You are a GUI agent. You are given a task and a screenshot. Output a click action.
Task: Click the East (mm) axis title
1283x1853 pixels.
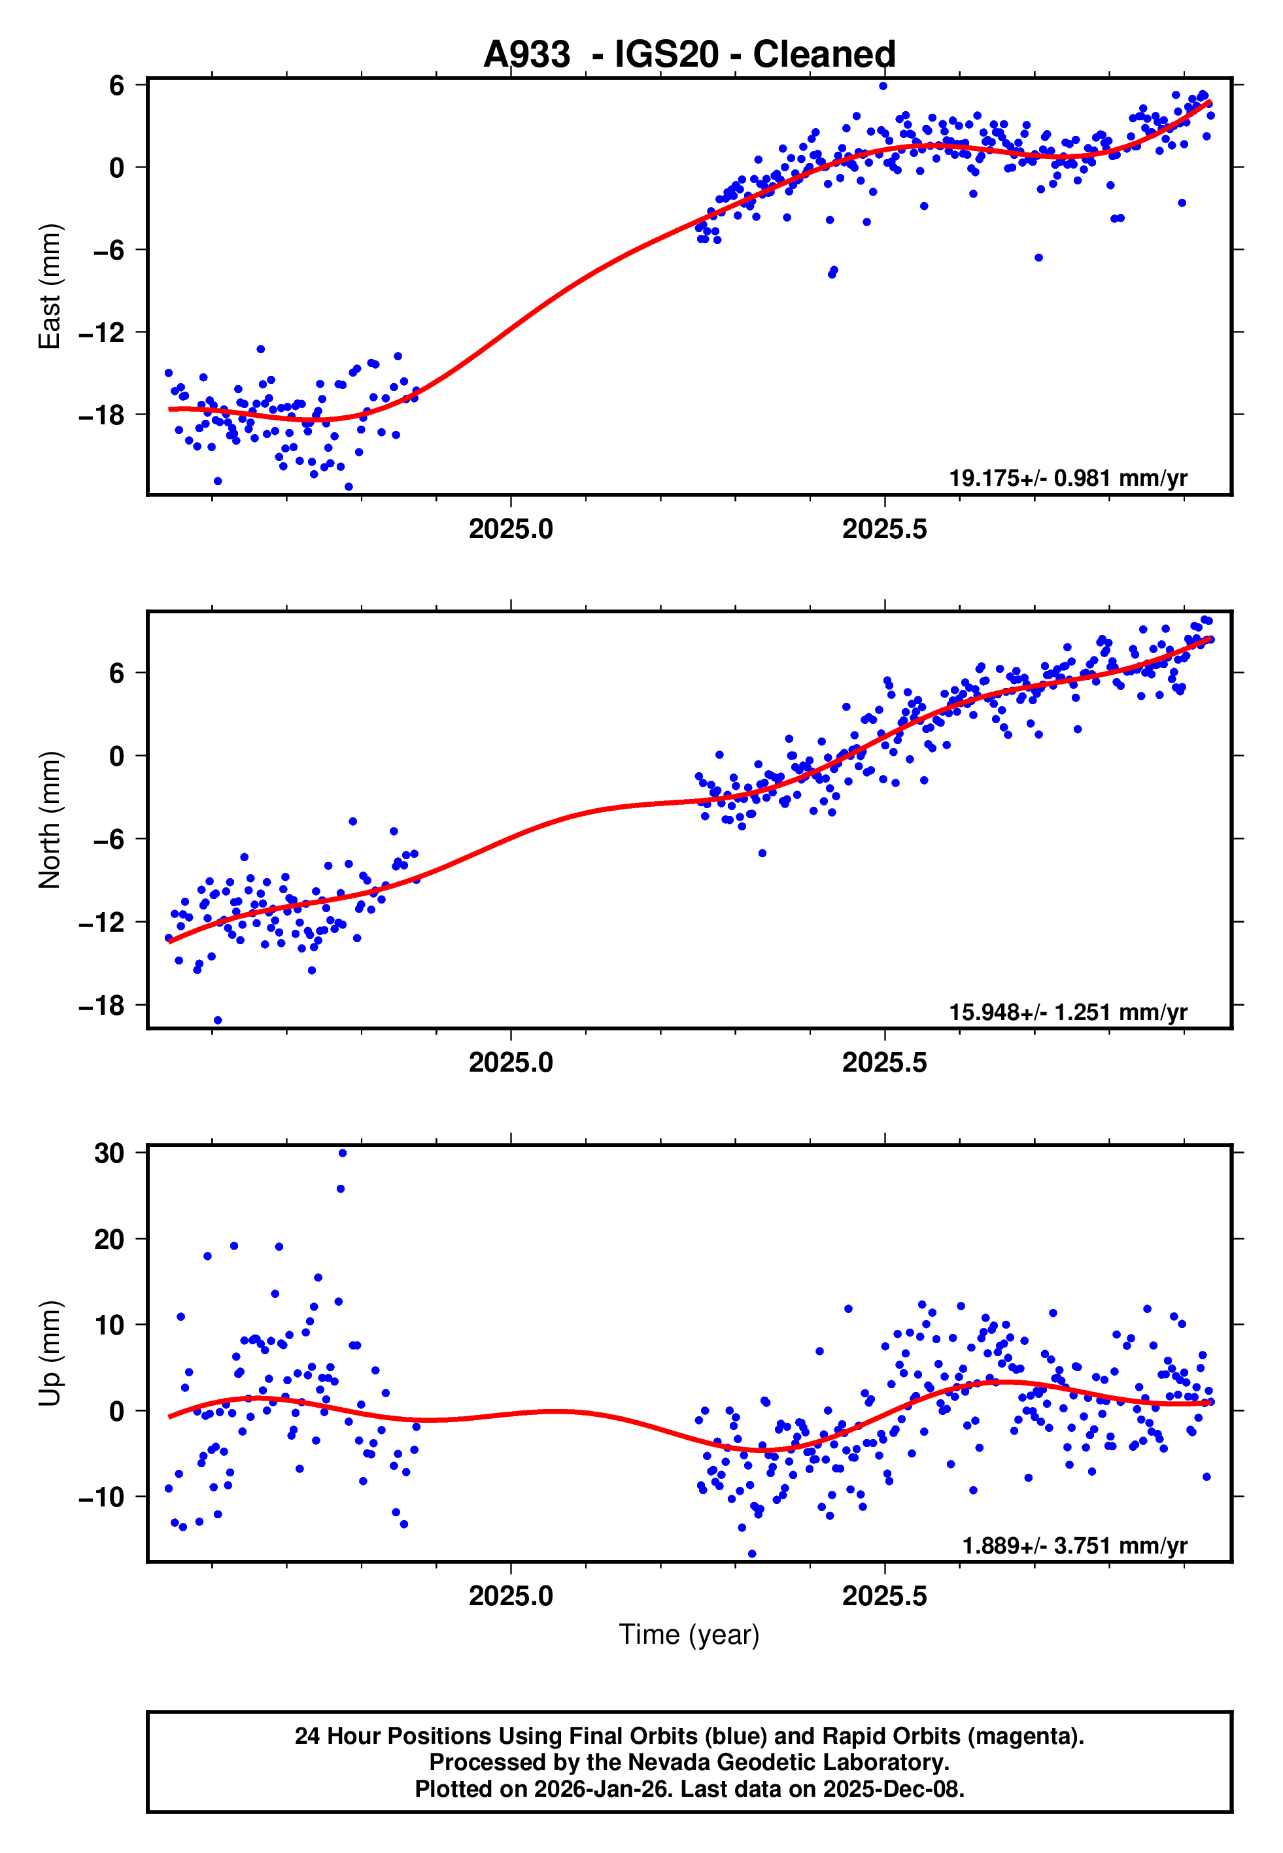pos(50,286)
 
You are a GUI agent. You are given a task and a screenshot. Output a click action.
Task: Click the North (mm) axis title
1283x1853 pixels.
pos(50,820)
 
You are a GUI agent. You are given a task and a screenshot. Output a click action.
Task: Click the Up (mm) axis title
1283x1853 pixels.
pos(50,1353)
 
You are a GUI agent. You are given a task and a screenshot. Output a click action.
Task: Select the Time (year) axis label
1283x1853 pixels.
pos(689,1635)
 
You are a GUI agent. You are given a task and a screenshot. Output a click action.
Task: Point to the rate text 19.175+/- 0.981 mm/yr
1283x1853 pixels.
pos(1068,478)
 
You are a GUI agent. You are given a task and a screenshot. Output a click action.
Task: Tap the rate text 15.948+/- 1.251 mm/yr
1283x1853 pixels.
pos(1068,1011)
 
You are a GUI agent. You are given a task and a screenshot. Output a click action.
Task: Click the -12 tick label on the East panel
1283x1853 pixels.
pos(102,332)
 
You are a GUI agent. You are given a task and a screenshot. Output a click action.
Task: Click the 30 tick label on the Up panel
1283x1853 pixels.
pos(109,1153)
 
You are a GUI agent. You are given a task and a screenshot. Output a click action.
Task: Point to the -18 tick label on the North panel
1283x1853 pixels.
pos(102,1004)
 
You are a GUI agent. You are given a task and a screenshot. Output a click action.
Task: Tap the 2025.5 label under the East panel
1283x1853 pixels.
pos(884,529)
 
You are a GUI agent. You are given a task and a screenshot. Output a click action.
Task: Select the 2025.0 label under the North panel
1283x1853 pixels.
pos(511,1062)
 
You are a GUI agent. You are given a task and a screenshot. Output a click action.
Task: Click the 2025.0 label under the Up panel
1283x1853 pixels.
pos(511,1596)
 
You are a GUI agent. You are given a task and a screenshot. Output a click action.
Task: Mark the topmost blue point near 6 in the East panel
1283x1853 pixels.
pos(883,86)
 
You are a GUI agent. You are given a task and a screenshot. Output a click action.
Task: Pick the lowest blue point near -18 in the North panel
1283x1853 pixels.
pos(218,1021)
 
